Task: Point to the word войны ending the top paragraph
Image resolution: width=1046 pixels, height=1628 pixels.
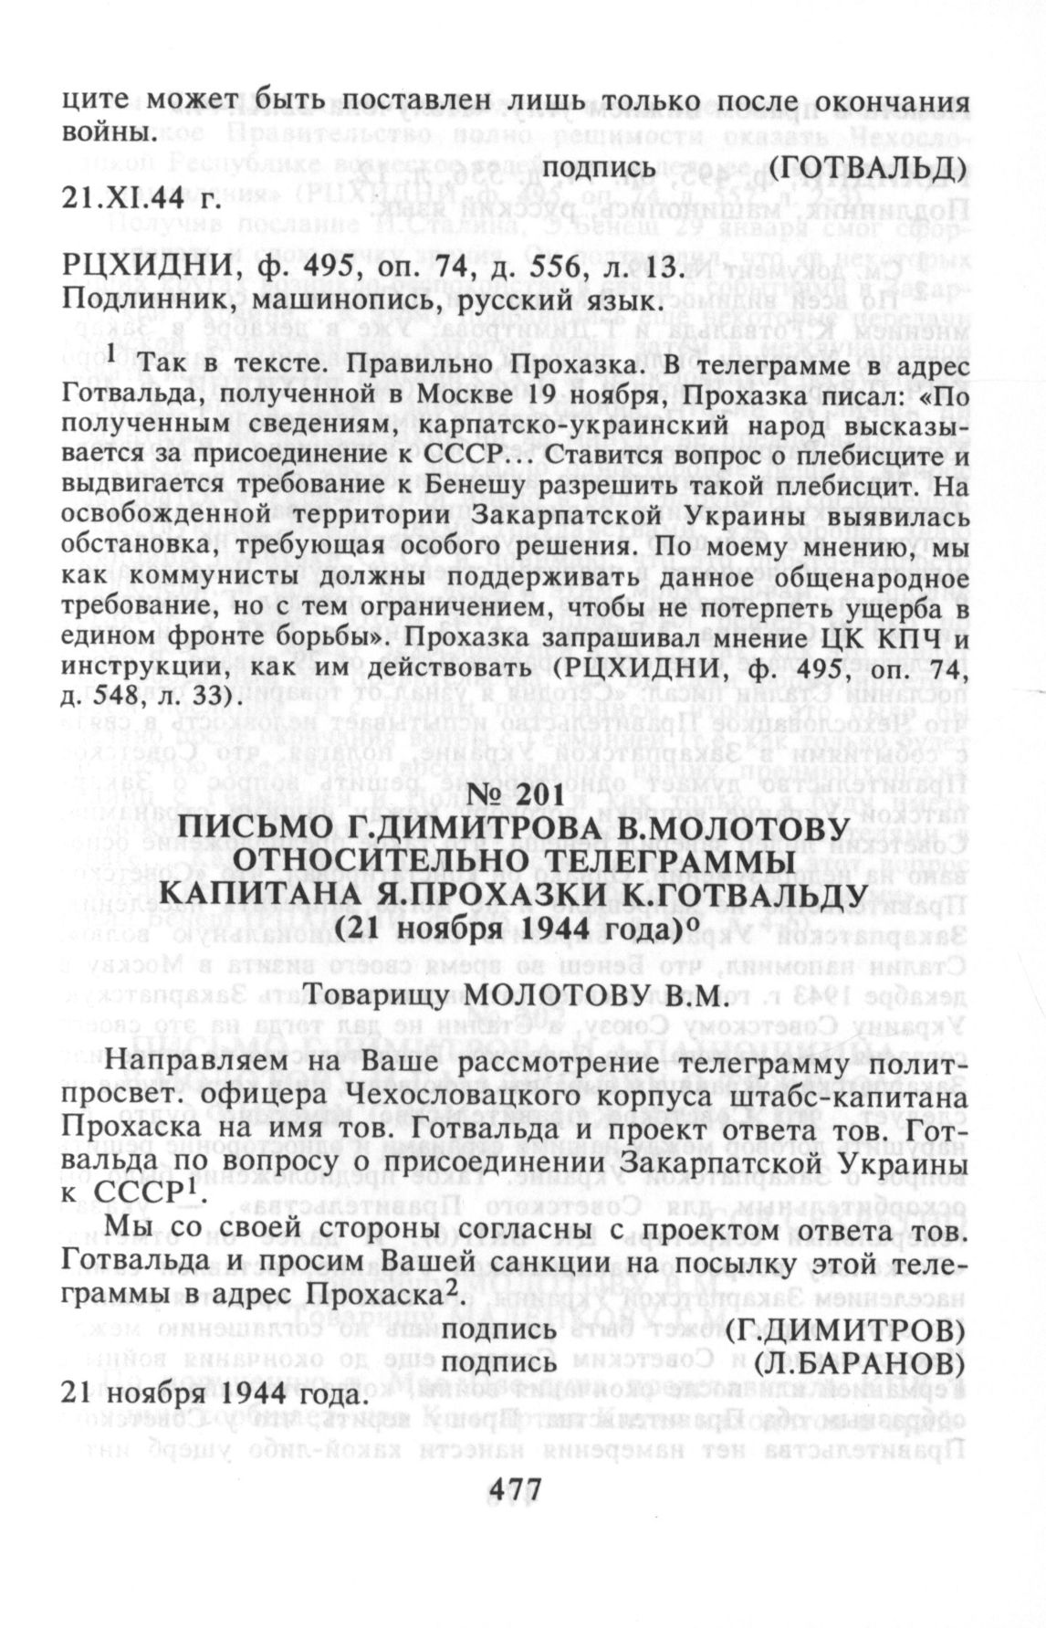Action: (104, 133)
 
